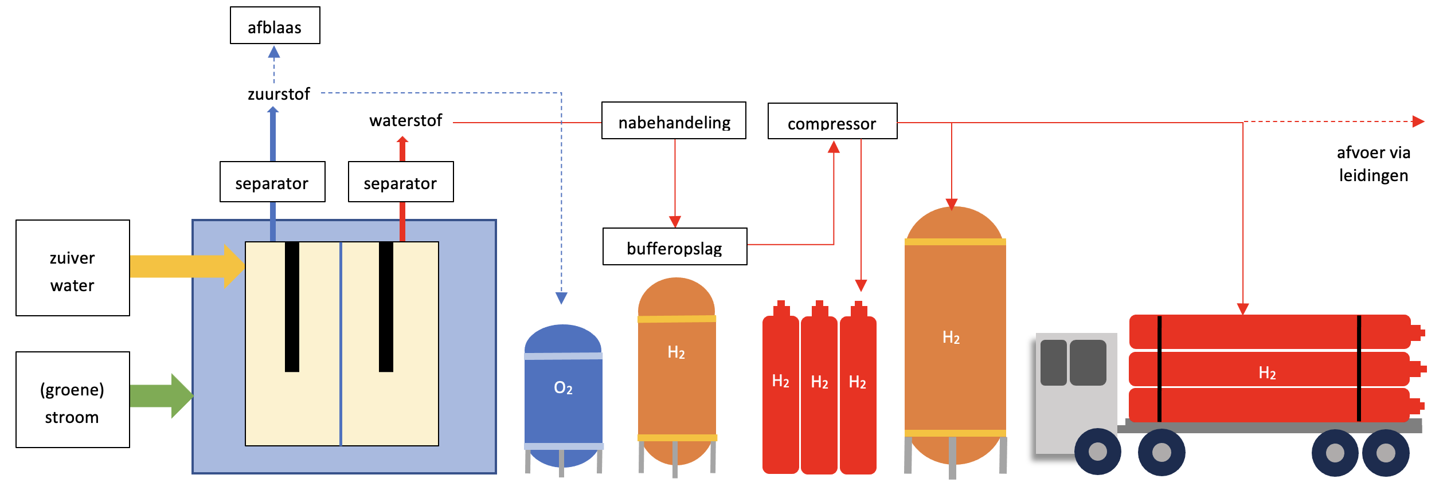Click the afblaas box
[x=275, y=26]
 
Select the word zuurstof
[x=279, y=94]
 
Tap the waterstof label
[x=405, y=120]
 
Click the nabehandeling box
[x=674, y=121]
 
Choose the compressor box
[x=832, y=121]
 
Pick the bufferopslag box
[x=674, y=247]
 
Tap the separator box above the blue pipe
[x=272, y=182]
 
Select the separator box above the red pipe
[x=401, y=182]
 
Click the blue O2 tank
[x=563, y=395]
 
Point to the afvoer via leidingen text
[x=1373, y=164]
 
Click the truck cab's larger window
[x=1088, y=362]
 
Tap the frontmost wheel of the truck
[x=1097, y=452]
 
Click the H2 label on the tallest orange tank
[x=951, y=338]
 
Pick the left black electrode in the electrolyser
[x=292, y=307]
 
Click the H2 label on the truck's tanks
[x=1267, y=373]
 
